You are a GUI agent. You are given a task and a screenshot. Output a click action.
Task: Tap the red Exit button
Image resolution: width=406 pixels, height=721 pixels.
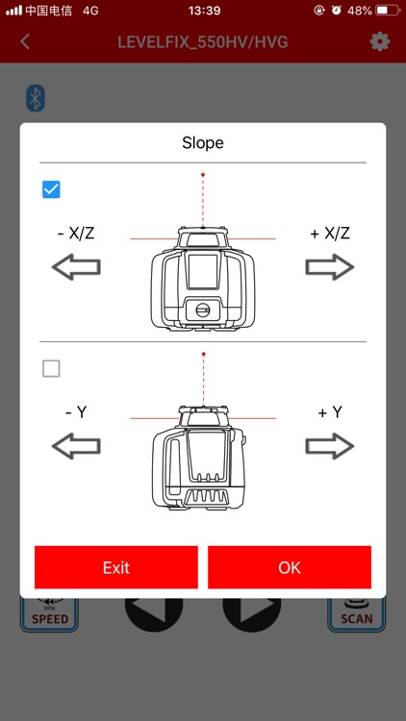click(x=116, y=567)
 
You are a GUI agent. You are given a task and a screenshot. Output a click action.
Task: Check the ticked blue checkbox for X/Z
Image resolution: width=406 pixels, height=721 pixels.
click(x=51, y=189)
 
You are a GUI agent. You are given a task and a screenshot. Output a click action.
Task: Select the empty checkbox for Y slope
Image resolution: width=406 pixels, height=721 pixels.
click(x=51, y=368)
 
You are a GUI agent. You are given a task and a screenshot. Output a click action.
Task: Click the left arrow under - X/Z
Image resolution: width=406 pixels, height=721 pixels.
click(x=76, y=268)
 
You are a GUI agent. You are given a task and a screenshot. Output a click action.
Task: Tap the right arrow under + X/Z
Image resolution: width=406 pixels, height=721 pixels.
click(x=330, y=268)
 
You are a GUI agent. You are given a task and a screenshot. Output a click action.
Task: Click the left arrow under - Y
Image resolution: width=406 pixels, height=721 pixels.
click(x=76, y=446)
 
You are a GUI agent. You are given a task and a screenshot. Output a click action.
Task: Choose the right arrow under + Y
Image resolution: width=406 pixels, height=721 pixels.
click(x=330, y=446)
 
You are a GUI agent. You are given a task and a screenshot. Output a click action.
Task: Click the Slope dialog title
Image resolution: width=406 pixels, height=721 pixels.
click(x=203, y=143)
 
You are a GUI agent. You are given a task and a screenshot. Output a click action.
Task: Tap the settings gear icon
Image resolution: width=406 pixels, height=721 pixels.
click(x=380, y=41)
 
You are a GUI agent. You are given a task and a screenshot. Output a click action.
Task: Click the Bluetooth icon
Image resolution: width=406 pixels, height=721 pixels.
click(x=36, y=98)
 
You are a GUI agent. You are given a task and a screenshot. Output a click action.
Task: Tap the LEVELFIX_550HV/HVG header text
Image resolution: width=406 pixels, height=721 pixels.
click(x=203, y=42)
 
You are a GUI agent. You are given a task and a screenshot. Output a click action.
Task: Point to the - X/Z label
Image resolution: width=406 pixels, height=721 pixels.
click(x=76, y=234)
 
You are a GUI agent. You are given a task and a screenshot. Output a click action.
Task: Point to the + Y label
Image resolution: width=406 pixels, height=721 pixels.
click(x=330, y=412)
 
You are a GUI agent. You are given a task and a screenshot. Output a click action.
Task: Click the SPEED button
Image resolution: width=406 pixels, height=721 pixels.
click(x=50, y=615)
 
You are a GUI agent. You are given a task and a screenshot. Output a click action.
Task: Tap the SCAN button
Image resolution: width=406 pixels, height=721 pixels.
click(x=356, y=615)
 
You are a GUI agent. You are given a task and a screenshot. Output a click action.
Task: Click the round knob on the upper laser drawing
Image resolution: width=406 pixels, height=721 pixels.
click(x=203, y=310)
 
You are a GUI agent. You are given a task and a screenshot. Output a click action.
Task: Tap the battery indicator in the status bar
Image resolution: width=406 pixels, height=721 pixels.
click(x=387, y=11)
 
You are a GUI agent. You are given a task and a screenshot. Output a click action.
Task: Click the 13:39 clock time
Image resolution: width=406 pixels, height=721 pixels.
click(x=204, y=11)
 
